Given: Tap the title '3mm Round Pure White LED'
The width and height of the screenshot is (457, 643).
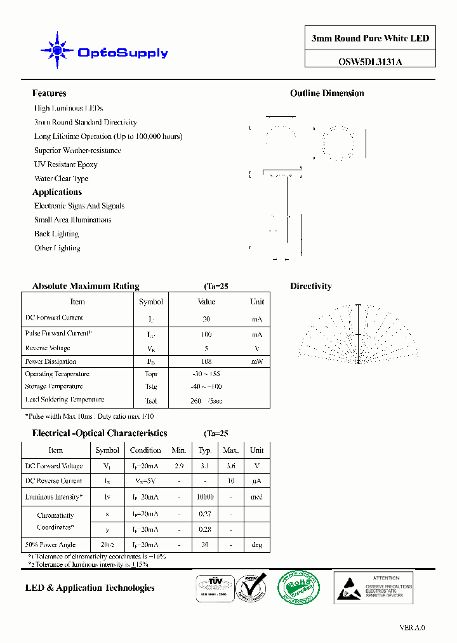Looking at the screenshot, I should pyautogui.click(x=370, y=39).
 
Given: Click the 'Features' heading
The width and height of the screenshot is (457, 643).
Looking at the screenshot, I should pyautogui.click(x=49, y=93).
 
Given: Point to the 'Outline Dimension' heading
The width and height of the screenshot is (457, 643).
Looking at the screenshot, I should pyautogui.click(x=327, y=93).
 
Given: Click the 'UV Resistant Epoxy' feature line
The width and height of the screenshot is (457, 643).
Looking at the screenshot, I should pyautogui.click(x=66, y=165).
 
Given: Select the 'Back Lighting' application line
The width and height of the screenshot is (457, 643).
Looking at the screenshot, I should pyautogui.click(x=56, y=234).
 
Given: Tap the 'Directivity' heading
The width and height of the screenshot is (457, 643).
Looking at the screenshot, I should pyautogui.click(x=311, y=287).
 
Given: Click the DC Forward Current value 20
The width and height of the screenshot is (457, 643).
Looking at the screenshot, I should pyautogui.click(x=206, y=319).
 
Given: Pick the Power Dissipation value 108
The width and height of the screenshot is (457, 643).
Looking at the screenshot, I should pyautogui.click(x=206, y=362).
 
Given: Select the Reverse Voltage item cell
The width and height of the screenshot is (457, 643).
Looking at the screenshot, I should pyautogui.click(x=48, y=348).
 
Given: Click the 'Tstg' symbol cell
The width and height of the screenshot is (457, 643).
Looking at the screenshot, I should pyautogui.click(x=150, y=387).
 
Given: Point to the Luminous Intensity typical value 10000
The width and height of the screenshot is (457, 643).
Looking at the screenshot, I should pyautogui.click(x=206, y=497).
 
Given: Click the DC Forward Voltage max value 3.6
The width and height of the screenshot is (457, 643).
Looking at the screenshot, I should pyautogui.click(x=230, y=466).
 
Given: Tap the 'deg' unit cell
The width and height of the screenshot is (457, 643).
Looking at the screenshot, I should pyautogui.click(x=256, y=545).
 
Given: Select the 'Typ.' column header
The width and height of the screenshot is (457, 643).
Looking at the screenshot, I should pyautogui.click(x=205, y=450).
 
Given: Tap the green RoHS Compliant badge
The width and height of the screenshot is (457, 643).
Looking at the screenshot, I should pyautogui.click(x=298, y=587).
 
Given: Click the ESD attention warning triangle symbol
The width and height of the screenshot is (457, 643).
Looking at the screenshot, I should pyautogui.click(x=348, y=587).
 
